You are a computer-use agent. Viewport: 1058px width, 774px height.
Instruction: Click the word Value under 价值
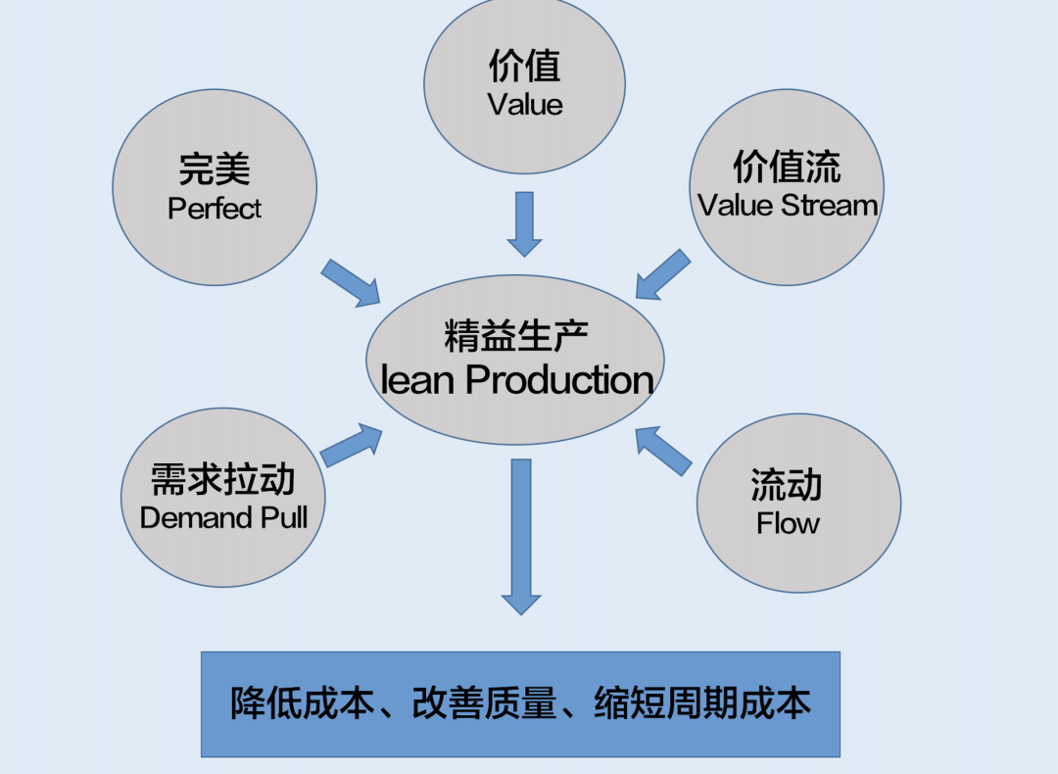click(x=525, y=105)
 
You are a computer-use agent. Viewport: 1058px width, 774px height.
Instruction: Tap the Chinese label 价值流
click(x=787, y=168)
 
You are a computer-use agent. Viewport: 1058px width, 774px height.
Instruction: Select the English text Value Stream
click(x=788, y=206)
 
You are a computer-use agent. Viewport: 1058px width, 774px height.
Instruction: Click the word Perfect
click(x=215, y=209)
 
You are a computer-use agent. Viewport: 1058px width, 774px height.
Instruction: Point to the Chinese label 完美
click(x=215, y=169)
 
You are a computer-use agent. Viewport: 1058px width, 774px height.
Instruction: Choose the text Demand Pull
click(x=223, y=517)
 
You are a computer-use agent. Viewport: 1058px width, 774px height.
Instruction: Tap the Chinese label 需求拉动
click(x=223, y=480)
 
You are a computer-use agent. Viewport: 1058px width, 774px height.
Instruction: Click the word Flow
click(x=788, y=523)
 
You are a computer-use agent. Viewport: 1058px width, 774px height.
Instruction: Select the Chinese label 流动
click(x=787, y=485)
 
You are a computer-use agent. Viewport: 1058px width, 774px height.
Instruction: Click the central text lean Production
click(x=516, y=380)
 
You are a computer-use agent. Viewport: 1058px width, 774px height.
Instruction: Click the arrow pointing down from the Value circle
click(x=524, y=223)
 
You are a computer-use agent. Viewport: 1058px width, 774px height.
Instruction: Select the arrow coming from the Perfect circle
click(x=351, y=283)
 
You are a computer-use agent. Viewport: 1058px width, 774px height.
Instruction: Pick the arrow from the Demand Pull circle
click(x=351, y=446)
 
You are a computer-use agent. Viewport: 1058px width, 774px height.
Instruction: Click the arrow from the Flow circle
click(x=663, y=451)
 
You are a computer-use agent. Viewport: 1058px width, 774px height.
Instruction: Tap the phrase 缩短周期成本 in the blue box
click(x=702, y=704)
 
